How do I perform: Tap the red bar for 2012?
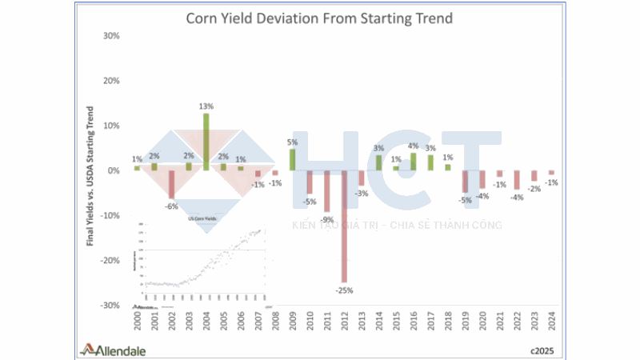(344, 226)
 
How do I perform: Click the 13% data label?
(206, 106)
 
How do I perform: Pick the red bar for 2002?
(171, 184)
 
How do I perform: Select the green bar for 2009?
(292, 159)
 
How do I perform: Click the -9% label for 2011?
(326, 219)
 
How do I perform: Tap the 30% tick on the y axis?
(110, 36)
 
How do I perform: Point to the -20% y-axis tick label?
(108, 261)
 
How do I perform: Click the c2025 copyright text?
(541, 350)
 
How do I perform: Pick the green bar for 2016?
(413, 162)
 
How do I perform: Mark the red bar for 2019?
(465, 182)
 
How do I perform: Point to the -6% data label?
(170, 206)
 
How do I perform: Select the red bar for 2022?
(517, 179)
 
